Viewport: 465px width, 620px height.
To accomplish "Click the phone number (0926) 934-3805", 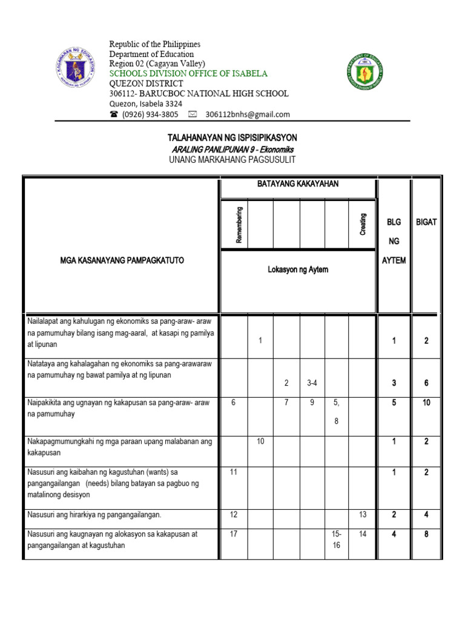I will (150, 114).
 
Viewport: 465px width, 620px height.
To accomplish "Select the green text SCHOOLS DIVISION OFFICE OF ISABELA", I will (188, 73).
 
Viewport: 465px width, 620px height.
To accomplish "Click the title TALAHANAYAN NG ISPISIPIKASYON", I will (232, 138).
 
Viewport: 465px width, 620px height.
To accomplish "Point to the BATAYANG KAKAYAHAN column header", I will (298, 183).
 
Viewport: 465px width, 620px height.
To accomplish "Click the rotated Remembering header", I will (239, 225).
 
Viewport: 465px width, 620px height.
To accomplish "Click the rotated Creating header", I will (363, 225).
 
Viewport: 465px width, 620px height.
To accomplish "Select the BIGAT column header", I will (426, 222).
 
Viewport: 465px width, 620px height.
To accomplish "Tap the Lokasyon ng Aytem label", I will (298, 269).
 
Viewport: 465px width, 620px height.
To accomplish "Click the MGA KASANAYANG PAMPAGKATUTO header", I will (122, 260).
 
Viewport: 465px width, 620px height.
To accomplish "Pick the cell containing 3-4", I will (312, 383).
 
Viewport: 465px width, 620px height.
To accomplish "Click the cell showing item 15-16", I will (337, 539).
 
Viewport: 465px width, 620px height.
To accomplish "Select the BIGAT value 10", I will (426, 403).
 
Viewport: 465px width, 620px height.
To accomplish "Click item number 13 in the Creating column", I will (363, 515).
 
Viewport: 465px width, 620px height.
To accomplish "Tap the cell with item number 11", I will (234, 472).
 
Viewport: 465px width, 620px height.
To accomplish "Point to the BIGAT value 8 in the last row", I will (426, 535).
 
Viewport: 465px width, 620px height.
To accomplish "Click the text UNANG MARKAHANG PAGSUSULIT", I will (232, 160).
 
